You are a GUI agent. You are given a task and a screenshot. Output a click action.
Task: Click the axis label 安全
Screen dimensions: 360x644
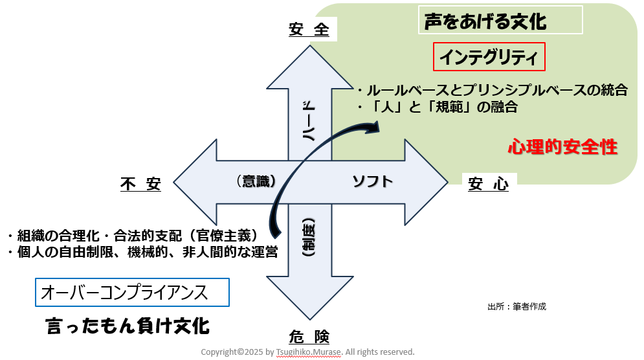(x=309, y=30)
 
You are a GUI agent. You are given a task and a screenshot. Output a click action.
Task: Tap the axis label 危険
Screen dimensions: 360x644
(x=309, y=337)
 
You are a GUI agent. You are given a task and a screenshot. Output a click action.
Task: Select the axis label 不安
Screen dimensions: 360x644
(x=140, y=185)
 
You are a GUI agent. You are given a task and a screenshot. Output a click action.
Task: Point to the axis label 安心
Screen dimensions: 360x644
(x=488, y=185)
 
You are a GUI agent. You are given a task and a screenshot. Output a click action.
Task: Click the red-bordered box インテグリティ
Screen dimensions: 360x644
(x=489, y=58)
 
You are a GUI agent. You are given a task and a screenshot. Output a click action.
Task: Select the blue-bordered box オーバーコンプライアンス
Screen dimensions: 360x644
(x=133, y=293)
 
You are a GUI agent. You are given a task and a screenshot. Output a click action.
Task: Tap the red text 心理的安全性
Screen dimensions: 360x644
(x=562, y=147)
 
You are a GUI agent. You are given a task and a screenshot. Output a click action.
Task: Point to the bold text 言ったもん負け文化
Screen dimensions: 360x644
(x=128, y=326)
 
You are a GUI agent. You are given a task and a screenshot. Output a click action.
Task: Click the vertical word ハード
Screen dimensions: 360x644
(x=309, y=122)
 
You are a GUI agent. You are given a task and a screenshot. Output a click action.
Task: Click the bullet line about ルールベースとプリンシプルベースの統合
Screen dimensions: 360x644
(x=492, y=90)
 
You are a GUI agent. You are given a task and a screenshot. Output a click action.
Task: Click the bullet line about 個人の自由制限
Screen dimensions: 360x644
(x=142, y=252)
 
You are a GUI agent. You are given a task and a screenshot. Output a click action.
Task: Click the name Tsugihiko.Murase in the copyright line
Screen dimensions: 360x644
(x=307, y=352)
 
